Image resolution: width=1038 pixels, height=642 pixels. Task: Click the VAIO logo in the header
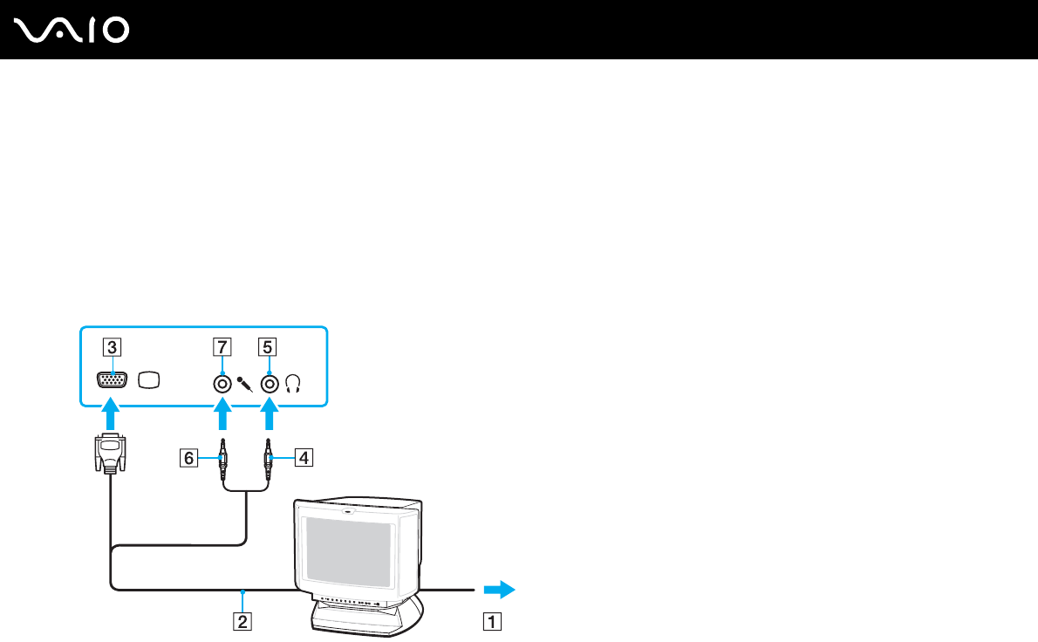tap(72, 30)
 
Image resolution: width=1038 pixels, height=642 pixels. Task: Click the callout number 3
tap(110, 346)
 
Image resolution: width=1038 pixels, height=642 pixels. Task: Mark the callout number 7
tap(222, 346)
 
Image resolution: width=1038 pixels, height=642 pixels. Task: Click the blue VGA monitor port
tap(110, 380)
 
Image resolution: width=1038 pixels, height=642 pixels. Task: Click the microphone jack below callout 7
tap(223, 382)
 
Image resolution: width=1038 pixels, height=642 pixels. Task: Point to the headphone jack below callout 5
tap(270, 382)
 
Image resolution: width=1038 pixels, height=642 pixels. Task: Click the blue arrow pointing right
tap(499, 590)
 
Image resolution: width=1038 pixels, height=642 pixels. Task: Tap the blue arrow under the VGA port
tap(110, 414)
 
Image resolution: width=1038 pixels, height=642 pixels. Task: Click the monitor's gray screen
tap(346, 549)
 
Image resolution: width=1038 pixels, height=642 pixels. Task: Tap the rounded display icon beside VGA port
tap(149, 381)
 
